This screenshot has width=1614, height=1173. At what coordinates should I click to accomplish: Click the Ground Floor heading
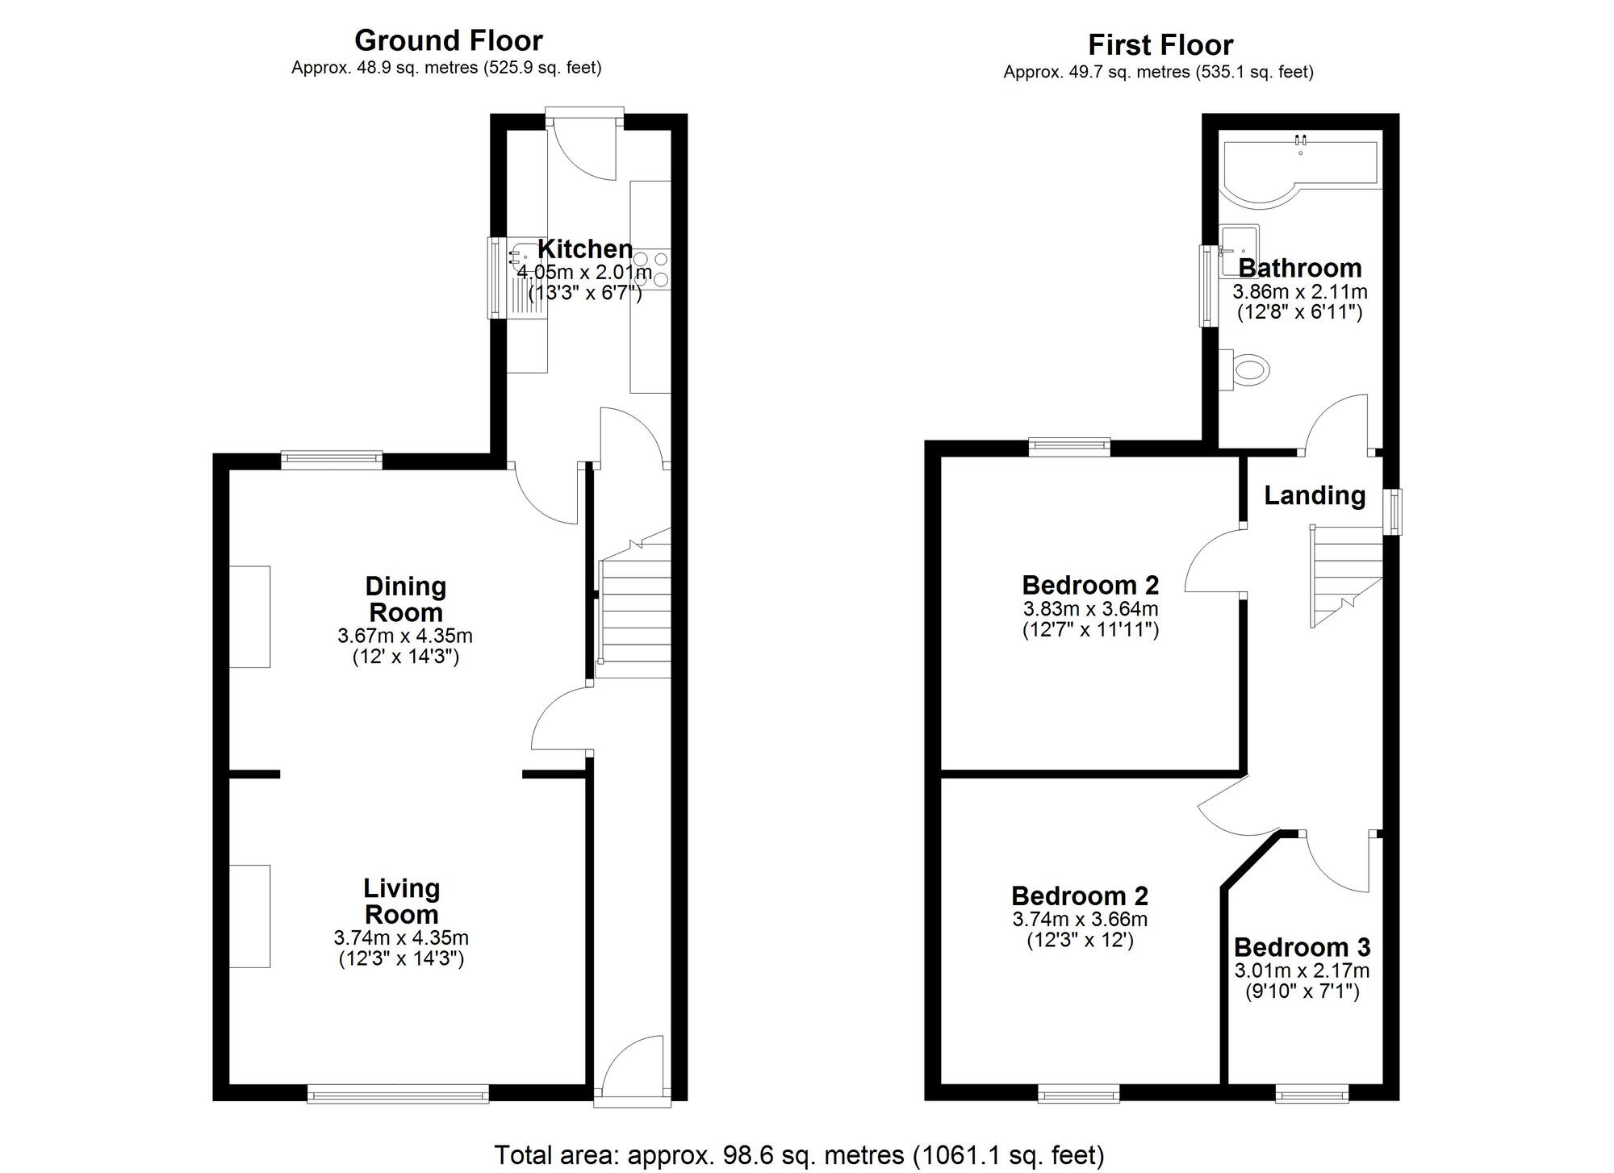[448, 40]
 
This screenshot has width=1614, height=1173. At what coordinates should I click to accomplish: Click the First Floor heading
[1160, 45]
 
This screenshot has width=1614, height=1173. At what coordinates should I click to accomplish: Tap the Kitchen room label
[585, 248]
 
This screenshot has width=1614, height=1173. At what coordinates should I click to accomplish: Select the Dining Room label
[405, 599]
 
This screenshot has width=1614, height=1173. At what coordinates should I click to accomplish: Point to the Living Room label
[401, 901]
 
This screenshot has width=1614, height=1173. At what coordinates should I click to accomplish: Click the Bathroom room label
[1299, 268]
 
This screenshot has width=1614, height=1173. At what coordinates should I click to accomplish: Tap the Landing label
[1314, 495]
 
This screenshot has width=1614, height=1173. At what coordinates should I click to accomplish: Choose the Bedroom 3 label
[1301, 947]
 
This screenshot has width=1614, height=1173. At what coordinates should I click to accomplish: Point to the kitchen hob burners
[651, 269]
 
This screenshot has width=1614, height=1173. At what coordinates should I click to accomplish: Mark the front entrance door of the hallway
[633, 1073]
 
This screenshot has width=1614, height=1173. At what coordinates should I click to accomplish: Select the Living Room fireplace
[249, 916]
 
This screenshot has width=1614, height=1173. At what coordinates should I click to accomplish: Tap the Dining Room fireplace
[249, 616]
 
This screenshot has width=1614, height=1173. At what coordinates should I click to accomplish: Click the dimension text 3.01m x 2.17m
[1301, 971]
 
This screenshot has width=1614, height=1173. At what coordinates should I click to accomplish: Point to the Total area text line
[798, 1155]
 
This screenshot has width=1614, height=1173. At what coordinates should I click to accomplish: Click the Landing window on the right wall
[1394, 511]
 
